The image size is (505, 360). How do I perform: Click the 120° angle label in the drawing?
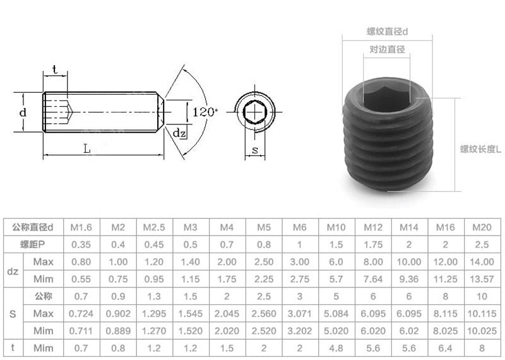coord(205,112)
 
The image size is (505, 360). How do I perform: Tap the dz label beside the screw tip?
coord(179,133)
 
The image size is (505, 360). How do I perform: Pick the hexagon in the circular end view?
coord(254,111)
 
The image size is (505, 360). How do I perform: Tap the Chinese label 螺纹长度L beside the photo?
coord(480,150)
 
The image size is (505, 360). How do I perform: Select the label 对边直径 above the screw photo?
coord(387,49)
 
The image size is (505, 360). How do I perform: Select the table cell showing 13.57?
coord(482,279)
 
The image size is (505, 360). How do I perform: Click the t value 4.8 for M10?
coord(336,347)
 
